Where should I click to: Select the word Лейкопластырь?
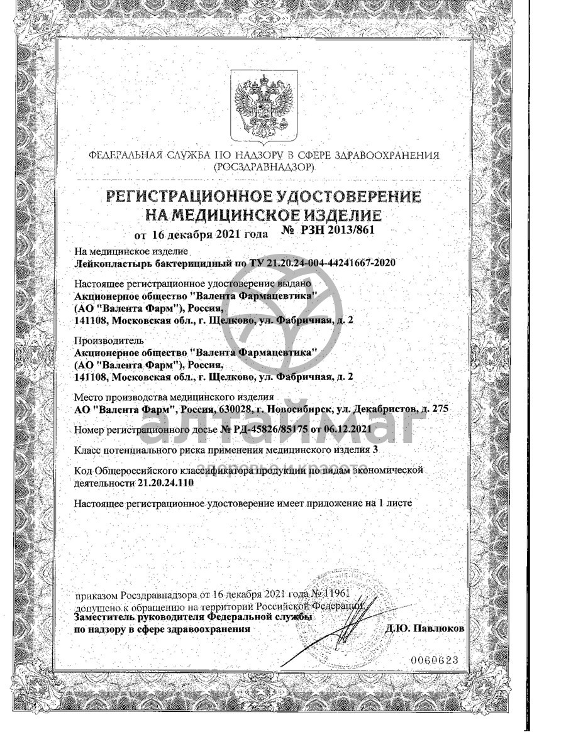[x=109, y=263]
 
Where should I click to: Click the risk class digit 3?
[x=376, y=450]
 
